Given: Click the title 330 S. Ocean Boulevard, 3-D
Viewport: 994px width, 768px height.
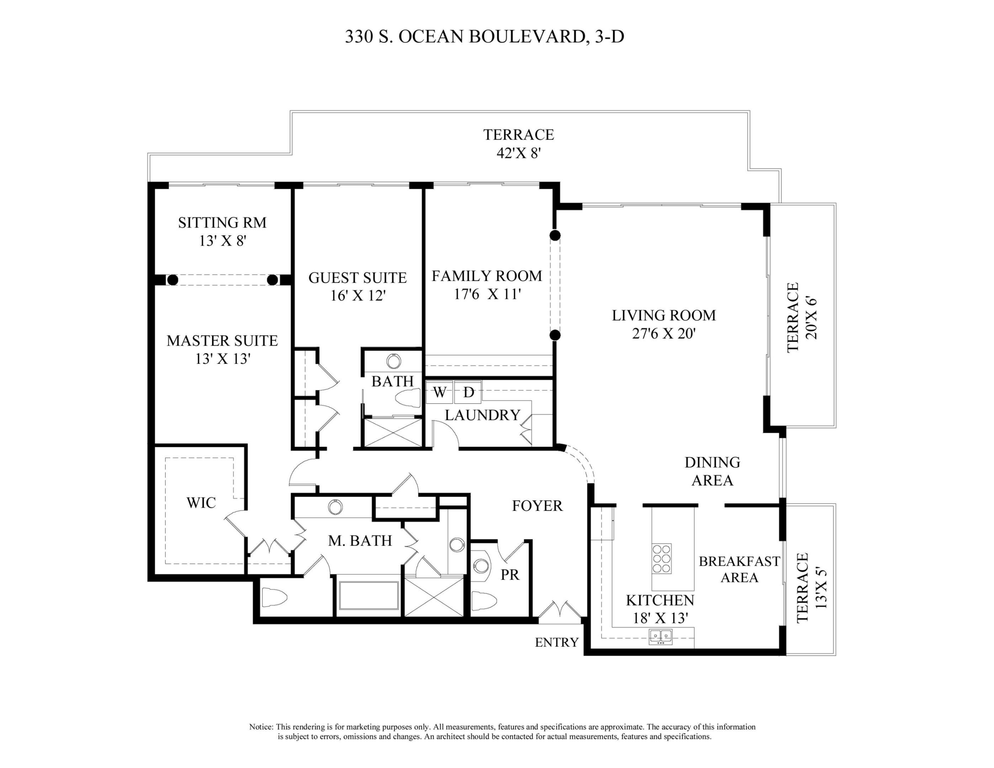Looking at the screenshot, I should click(484, 36).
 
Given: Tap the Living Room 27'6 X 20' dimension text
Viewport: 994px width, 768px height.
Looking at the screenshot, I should click(664, 334).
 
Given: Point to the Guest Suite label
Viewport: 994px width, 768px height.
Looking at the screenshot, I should click(357, 278).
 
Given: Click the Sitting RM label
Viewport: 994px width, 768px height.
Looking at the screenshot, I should click(222, 223).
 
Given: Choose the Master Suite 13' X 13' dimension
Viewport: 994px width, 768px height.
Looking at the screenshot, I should click(223, 359).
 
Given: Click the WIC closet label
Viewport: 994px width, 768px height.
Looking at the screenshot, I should click(201, 503).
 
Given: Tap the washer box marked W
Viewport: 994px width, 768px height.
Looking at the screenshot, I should click(439, 392).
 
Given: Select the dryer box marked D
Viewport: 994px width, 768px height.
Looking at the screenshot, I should click(468, 392).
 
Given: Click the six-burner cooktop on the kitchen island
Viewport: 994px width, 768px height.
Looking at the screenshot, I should click(661, 558).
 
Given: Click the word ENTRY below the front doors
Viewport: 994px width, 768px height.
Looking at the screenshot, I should click(557, 642).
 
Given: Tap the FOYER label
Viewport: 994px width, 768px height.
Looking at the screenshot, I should click(537, 506).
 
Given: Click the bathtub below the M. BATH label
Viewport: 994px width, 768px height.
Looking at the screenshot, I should click(368, 595).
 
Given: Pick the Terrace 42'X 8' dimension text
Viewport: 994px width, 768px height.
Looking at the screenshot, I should click(519, 153).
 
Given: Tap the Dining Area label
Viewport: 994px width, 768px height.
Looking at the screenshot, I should click(712, 471).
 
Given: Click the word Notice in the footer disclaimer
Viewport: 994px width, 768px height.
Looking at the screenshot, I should click(261, 727).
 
